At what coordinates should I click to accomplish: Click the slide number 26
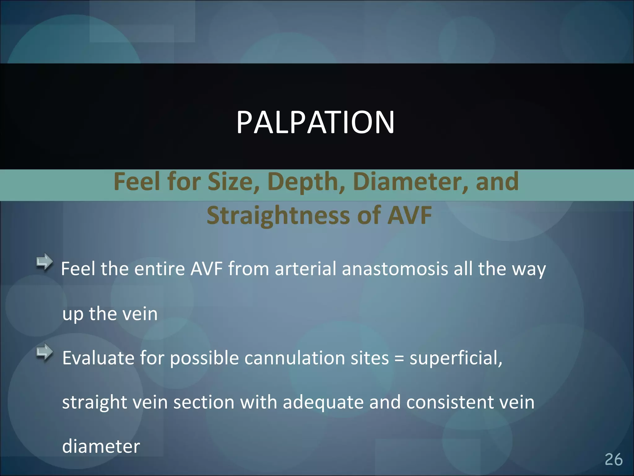[x=613, y=459]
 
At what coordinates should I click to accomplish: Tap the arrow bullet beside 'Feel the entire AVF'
[x=45, y=262]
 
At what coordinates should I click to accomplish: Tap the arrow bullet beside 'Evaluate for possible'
[x=45, y=352]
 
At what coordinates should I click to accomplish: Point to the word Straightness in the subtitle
[x=278, y=215]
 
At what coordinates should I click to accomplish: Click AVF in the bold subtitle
[x=409, y=215]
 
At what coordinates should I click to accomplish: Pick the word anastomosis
[x=395, y=269]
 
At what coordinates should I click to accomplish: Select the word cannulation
[x=294, y=358]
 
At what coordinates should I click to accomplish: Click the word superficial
[x=455, y=358]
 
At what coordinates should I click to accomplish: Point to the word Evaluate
[x=98, y=358]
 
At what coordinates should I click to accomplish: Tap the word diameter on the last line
[x=101, y=447]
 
